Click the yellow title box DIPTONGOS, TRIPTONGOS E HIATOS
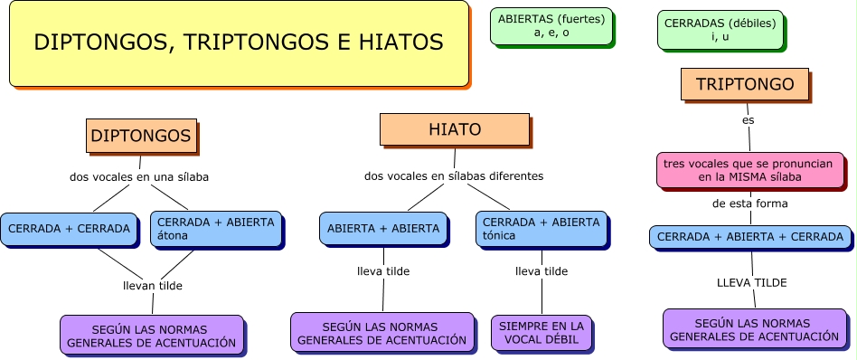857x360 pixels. pos(239,43)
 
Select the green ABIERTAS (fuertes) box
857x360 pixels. pos(551,26)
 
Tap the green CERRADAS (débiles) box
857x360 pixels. pos(720,29)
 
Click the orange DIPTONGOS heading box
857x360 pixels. pos(141,136)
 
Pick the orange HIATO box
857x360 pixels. pos(454,129)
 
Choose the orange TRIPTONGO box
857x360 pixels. pos(745,84)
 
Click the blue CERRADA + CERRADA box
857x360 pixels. pos(69,229)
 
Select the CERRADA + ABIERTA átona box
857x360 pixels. pos(216,229)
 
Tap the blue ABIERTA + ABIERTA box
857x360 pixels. pos(383,228)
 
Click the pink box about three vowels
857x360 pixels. pos(749,170)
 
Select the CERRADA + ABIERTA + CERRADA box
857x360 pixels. pos(749,237)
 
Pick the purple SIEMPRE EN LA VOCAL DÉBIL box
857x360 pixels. pos(542,332)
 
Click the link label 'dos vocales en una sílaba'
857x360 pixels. pos(139,177)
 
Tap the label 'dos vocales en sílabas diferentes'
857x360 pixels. pos(454,175)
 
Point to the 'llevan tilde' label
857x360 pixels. pos(153,286)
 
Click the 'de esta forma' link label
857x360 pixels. pos(749,204)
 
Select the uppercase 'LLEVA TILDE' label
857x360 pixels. pos(751,282)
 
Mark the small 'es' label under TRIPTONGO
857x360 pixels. pos(748,119)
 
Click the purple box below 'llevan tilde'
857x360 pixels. pos(152,336)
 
